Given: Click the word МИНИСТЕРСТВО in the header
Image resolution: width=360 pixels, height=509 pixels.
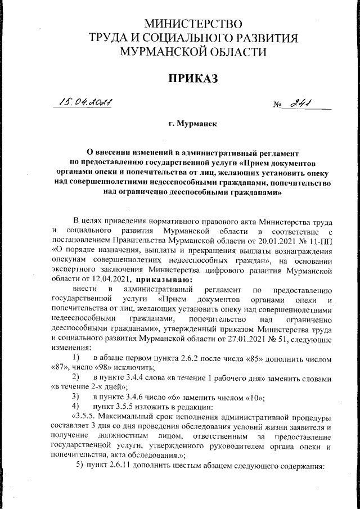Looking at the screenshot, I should click(193, 24).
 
